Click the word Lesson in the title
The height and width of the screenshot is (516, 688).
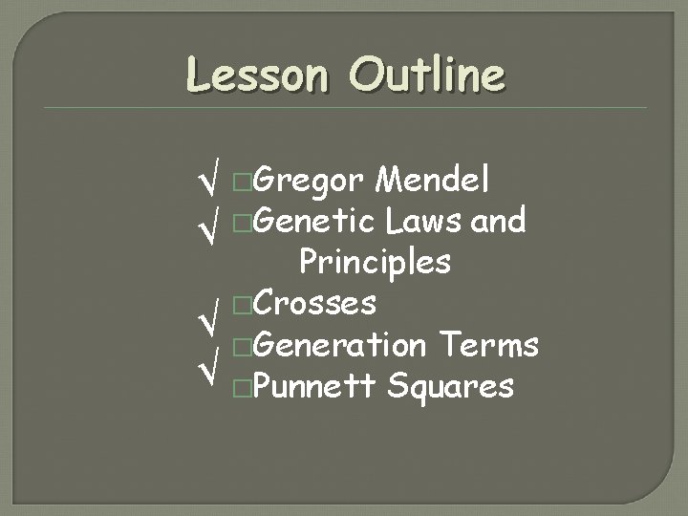(256, 75)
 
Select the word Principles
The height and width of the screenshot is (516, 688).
(375, 261)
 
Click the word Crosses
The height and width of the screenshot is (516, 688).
(315, 303)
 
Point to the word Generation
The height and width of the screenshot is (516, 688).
(340, 344)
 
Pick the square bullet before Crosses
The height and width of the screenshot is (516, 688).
(244, 305)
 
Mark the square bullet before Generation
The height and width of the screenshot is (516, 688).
(244, 346)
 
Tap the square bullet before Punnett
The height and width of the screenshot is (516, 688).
(244, 388)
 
